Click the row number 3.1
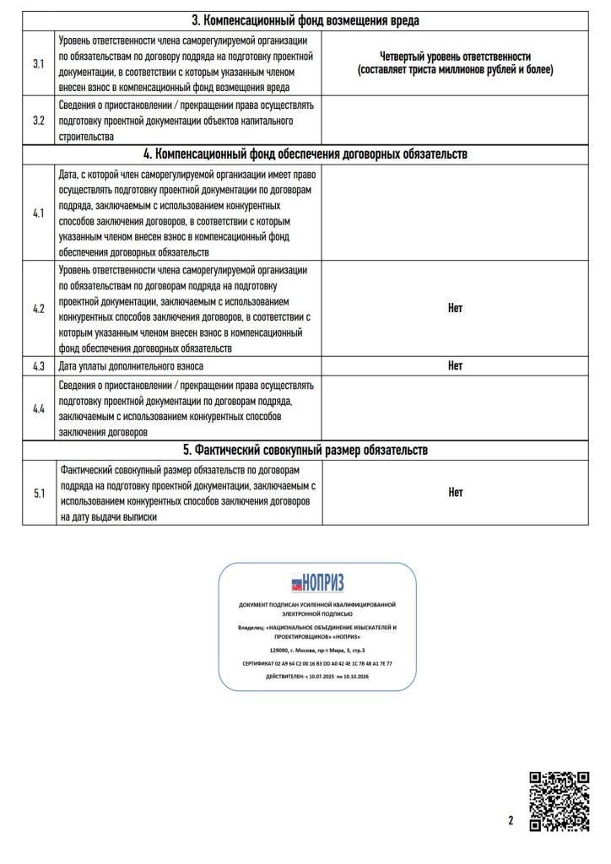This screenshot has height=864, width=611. point(39,63)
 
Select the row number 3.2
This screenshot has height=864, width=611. point(39,120)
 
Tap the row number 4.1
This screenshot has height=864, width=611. point(39,213)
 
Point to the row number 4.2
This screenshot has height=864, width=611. point(39,308)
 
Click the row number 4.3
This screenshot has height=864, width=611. point(39,366)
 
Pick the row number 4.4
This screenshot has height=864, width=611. point(39,408)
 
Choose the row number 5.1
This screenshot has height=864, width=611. point(39,493)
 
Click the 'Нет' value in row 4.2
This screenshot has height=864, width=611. point(455,308)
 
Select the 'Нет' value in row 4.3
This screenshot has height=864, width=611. point(455,366)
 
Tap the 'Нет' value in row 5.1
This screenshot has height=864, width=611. point(455,493)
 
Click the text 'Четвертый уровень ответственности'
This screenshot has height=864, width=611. point(455,56)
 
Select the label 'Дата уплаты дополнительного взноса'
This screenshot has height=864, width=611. point(131,366)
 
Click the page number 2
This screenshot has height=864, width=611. point(511,818)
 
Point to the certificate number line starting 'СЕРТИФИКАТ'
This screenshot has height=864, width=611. point(317,663)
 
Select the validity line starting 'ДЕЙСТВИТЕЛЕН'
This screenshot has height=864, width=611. point(317,677)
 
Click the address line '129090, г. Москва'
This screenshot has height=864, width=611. point(317,650)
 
